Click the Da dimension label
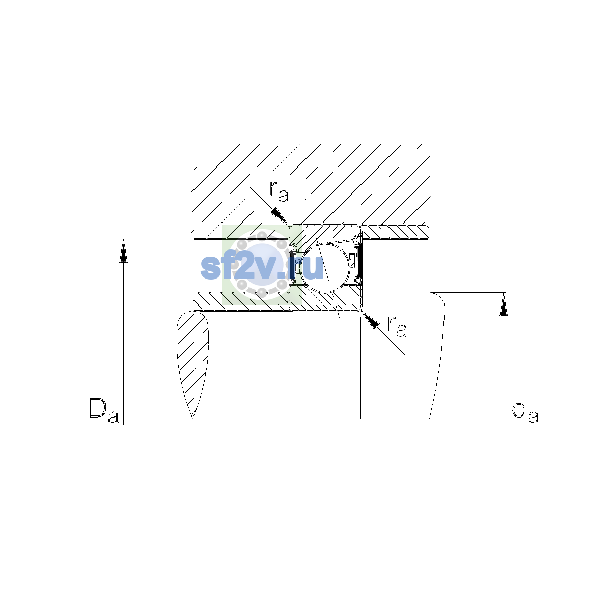pos(104,410)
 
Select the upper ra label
pos(279,192)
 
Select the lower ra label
pos(397,326)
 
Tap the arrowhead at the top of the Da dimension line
pos(123,251)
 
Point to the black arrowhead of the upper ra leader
pos(279,216)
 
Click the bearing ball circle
pos(325,268)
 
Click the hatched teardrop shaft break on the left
pos(192,364)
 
